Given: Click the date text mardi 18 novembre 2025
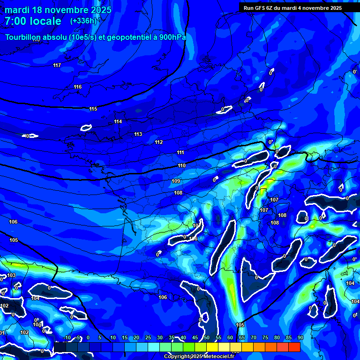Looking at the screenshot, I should point(58,10).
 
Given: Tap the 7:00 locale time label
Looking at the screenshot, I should point(33,21).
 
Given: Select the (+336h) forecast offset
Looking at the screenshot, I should point(83,21).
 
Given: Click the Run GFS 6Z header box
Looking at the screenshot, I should point(292,8).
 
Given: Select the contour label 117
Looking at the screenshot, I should point(57,65).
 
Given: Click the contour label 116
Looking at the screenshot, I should point(78,87).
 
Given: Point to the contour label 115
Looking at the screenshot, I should point(93,109).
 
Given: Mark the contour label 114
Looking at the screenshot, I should point(118,121).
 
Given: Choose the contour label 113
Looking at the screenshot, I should point(138,134).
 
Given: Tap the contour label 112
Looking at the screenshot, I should point(159,142).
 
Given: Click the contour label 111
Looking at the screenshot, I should point(180,152).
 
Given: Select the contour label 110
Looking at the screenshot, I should point(181,165).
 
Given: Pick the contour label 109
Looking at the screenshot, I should point(176,181).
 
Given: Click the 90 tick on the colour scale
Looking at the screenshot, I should point(300,337).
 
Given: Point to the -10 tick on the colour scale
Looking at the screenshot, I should point(67,337).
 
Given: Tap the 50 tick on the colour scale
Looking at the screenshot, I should point(206,337).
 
